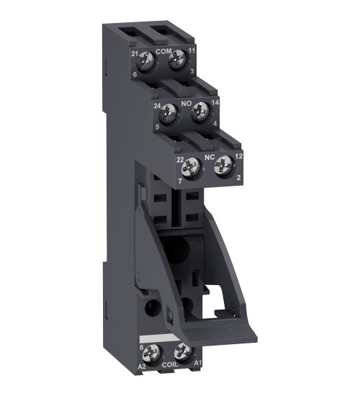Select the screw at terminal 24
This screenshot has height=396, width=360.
[x=171, y=111]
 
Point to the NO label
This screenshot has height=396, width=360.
[x=186, y=104]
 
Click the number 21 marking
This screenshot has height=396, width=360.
[x=135, y=54]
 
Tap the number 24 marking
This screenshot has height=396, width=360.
[x=157, y=106]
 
